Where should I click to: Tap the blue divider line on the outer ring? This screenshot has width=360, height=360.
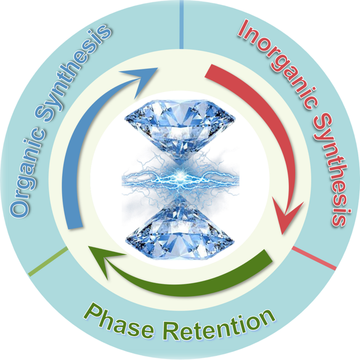[181, 23]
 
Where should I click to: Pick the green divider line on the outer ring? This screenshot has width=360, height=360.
[48, 262]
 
